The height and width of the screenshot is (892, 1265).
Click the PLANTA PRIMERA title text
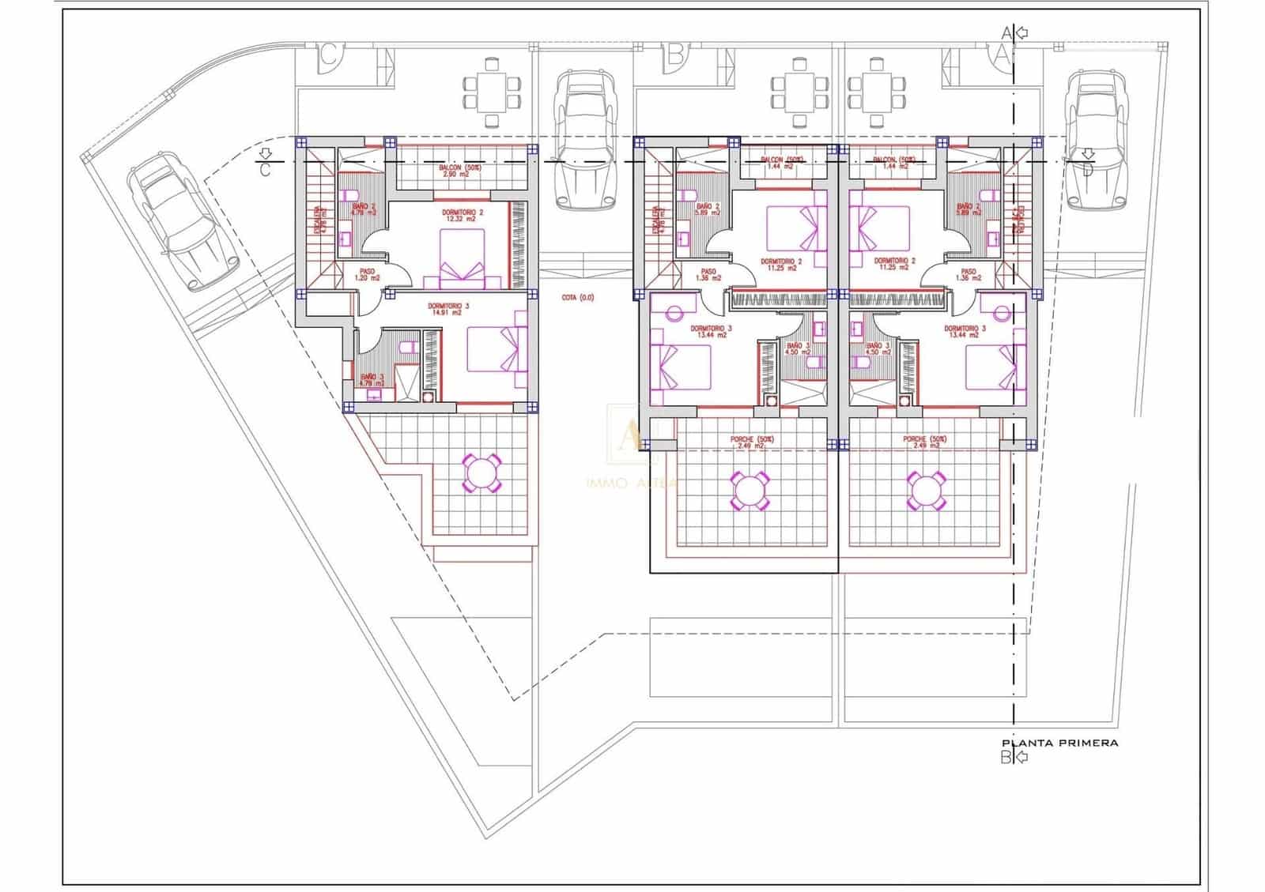[1059, 743]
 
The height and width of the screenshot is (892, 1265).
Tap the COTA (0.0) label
[577, 298]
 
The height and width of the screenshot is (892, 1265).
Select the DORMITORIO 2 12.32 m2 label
[463, 216]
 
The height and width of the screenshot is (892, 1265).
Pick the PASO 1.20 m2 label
[367, 275]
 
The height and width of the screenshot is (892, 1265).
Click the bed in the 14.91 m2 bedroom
[497, 349]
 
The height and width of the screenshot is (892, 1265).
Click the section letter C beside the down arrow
[265, 169]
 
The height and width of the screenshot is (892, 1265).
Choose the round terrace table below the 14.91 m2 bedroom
[481, 474]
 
